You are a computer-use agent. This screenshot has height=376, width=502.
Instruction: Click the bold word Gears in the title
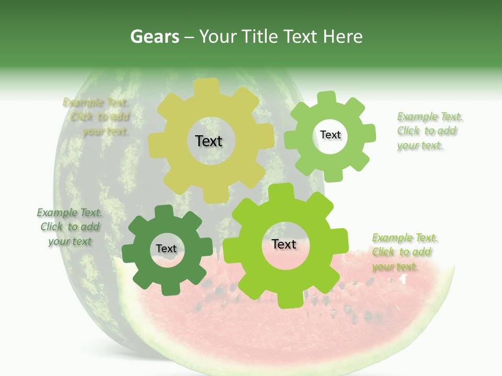point(154,37)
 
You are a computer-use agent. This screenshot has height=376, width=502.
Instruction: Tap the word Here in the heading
point(343,37)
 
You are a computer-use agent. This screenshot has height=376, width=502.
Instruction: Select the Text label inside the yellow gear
point(209,141)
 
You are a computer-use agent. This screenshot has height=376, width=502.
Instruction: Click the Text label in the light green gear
point(330,135)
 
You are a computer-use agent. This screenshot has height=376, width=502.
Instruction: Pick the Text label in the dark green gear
point(166,249)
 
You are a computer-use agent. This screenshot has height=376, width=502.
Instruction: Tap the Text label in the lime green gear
point(284,244)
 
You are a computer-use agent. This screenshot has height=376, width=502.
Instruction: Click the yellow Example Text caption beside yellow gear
point(97,116)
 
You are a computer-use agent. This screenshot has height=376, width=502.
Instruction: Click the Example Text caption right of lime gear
point(404,252)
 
